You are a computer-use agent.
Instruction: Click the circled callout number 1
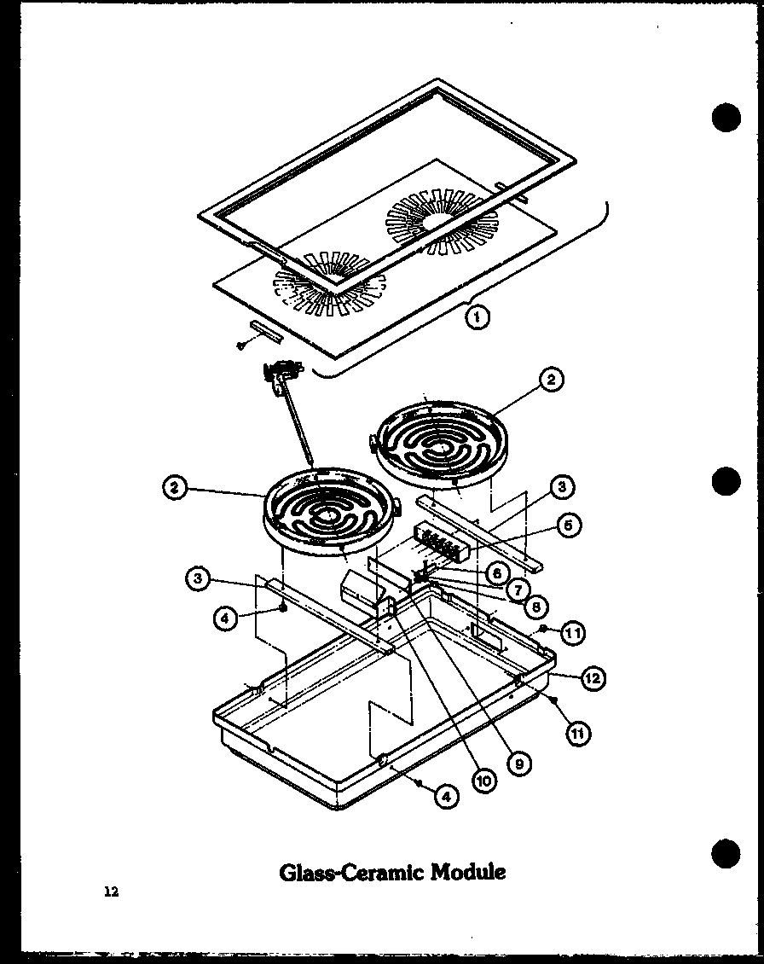point(477,317)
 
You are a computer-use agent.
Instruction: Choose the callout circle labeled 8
point(535,606)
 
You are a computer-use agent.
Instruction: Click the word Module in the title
point(466,872)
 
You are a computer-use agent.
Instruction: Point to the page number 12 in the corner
point(111,892)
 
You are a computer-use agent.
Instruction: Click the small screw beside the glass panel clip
point(241,346)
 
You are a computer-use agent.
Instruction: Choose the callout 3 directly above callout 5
point(561,487)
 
